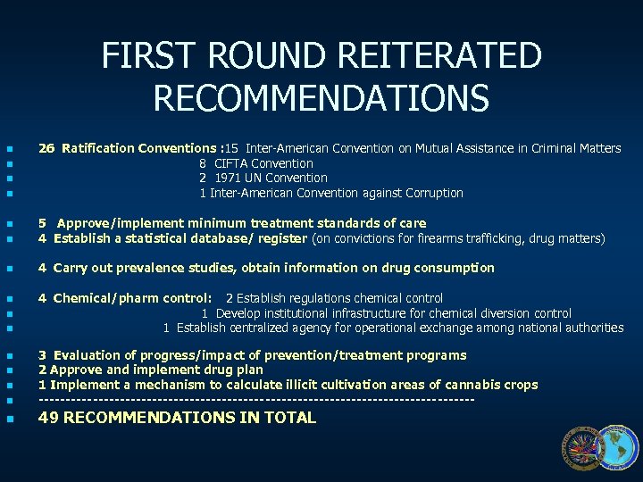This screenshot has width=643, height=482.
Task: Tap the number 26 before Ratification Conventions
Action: [46, 148]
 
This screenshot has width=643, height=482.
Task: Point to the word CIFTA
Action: [231, 163]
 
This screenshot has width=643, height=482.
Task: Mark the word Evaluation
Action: [88, 355]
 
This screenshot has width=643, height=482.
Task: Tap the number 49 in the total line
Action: [48, 417]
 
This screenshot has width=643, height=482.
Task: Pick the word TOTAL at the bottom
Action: [289, 417]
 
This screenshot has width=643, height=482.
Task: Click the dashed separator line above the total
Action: [256, 400]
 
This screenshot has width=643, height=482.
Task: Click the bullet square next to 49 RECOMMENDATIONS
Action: [9, 418]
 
